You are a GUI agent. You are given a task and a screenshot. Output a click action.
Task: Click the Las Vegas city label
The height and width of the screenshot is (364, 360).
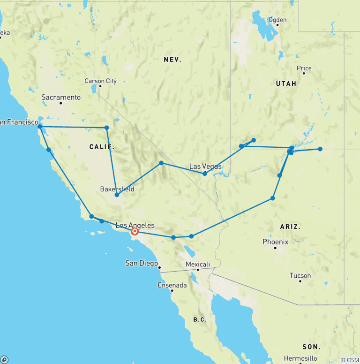click(x=205, y=166)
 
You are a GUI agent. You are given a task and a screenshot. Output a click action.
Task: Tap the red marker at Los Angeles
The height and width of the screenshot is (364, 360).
click(x=135, y=231)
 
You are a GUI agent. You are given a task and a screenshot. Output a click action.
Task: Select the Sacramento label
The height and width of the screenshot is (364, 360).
click(x=61, y=98)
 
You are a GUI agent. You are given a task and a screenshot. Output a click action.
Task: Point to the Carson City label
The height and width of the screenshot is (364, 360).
click(x=101, y=81)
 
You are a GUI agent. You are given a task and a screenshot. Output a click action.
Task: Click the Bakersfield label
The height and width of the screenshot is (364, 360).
click(x=117, y=189)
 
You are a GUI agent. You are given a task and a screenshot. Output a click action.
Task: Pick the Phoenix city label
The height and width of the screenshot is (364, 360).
click(x=275, y=242)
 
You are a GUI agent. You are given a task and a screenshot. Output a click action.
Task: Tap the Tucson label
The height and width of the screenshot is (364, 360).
click(x=300, y=275)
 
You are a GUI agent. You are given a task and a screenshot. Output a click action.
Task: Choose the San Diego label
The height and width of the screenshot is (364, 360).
click(x=141, y=263)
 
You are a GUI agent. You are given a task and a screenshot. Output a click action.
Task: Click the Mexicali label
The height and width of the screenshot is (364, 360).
click(x=197, y=264)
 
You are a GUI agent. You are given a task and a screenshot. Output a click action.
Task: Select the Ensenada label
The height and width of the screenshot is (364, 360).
click(x=172, y=285)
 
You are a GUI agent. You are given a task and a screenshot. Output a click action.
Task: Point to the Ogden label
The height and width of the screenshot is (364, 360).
click(x=277, y=20)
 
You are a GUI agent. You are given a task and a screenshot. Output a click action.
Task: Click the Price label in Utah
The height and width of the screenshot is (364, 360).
click(x=304, y=68)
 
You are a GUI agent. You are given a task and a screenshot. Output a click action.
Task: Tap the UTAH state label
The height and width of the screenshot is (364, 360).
click(x=286, y=83)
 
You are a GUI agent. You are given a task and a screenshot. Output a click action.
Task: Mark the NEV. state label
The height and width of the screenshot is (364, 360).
click(x=172, y=60)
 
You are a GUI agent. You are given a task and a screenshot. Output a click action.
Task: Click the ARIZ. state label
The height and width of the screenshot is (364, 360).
click(x=290, y=226)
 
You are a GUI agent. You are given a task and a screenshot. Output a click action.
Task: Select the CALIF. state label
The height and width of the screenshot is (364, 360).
click(x=102, y=147)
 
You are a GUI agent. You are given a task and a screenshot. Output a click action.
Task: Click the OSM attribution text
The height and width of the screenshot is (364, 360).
click(x=349, y=360)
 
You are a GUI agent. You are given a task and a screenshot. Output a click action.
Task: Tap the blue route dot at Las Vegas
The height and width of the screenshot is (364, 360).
click(x=205, y=174)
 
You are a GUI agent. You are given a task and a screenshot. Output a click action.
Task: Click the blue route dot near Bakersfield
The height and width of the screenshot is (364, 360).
click(x=117, y=195)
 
